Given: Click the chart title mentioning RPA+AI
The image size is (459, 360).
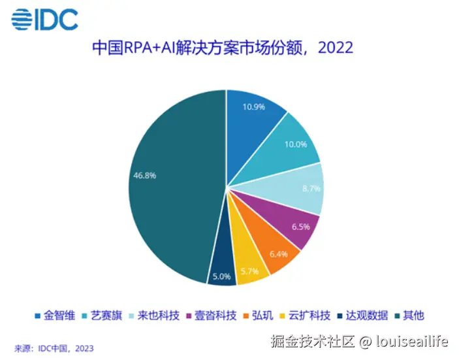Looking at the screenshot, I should (222, 48).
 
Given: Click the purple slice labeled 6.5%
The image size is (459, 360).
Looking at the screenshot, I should (291, 226).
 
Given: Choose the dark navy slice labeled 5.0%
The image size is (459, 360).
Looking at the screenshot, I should (221, 274).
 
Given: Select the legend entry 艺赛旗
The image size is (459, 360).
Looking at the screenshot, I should (105, 316).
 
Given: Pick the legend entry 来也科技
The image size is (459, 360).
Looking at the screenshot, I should (156, 316).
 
